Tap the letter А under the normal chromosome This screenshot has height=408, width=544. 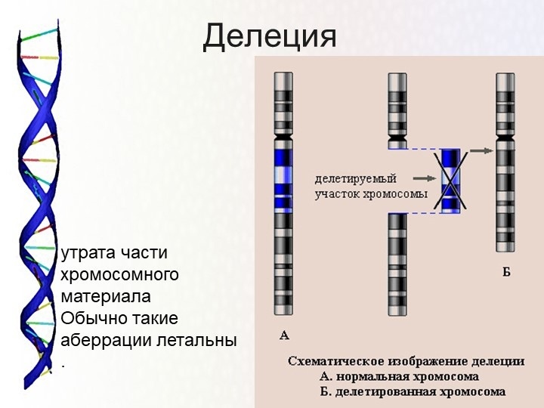pos(284,334)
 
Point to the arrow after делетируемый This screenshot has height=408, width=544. pos(424,179)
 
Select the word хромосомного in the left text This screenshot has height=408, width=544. pos(119,274)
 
